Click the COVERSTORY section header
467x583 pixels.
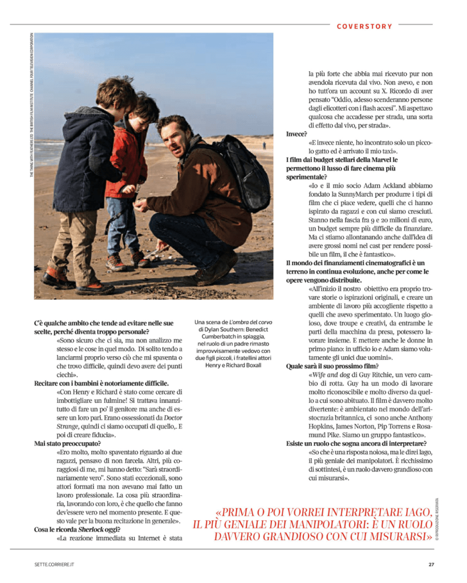click(364, 26)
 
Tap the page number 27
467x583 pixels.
click(431, 565)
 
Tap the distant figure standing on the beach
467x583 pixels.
click(263, 145)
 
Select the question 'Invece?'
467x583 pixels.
click(297, 134)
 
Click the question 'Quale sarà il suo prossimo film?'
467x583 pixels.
click(332, 366)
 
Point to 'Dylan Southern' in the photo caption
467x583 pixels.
click(225, 329)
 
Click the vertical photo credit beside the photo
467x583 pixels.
click(31, 105)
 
